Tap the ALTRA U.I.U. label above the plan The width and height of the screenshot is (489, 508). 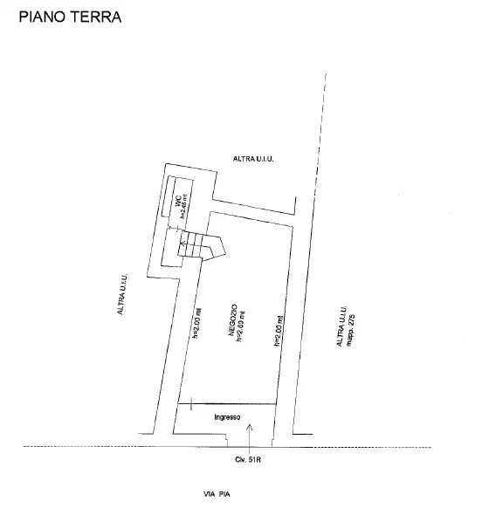click(254, 158)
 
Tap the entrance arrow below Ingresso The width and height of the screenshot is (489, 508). click(251, 428)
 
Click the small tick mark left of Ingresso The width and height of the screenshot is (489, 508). click(190, 403)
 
